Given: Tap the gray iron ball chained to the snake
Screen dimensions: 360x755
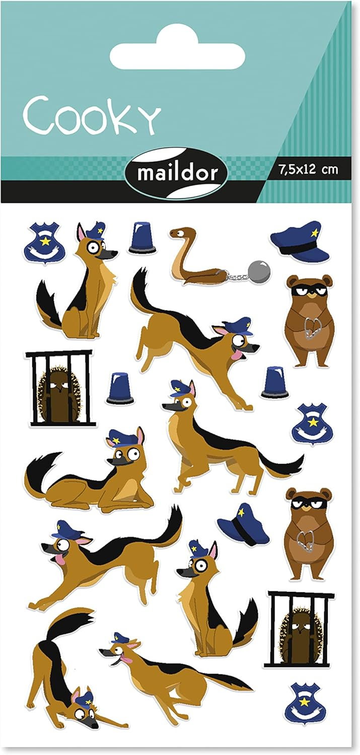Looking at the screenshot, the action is click(259, 269).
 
